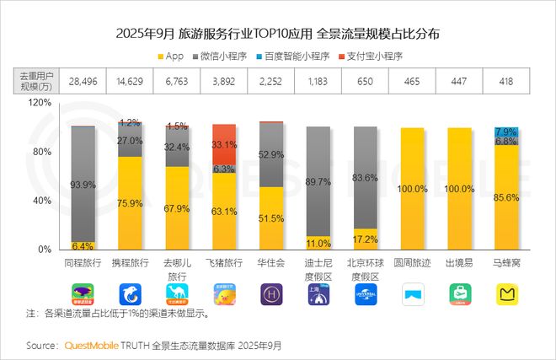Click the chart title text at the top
tap(277, 35)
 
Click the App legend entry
tap(174, 56)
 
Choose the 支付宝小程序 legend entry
tap(372, 56)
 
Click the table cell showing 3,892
tap(223, 80)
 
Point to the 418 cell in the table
tap(506, 80)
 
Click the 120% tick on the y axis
tap(40, 102)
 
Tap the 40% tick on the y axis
tap(42, 201)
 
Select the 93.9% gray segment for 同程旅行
tap(82, 184)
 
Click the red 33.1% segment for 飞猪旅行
tap(223, 144)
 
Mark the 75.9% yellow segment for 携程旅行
tap(129, 203)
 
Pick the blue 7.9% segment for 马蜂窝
tap(506, 132)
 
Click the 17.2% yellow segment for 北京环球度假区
tap(365, 239)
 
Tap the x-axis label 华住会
tap(270, 263)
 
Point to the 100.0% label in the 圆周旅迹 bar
tap(412, 190)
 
